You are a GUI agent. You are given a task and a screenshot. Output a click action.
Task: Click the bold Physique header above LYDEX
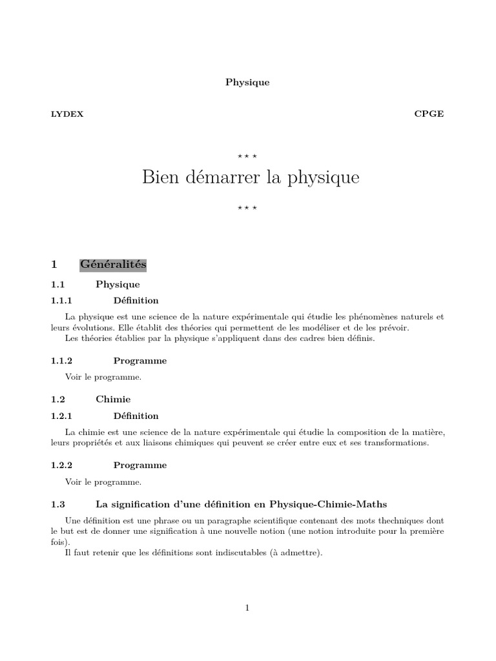(247, 83)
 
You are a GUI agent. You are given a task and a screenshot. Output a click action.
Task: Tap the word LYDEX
(67, 114)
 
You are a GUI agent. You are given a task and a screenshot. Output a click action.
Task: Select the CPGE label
(429, 114)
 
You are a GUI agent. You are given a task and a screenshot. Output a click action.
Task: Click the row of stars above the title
(247, 156)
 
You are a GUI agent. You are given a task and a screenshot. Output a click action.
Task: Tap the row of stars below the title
(247, 207)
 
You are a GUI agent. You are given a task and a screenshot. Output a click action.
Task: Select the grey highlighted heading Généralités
(113, 265)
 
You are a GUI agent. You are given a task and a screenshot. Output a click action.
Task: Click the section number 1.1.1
(63, 300)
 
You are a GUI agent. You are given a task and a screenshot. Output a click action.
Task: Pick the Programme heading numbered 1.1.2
(140, 360)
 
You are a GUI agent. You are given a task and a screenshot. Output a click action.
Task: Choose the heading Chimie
(113, 400)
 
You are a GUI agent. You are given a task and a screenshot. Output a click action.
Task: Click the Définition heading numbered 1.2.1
(136, 416)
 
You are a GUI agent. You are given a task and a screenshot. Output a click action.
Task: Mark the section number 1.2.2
(63, 465)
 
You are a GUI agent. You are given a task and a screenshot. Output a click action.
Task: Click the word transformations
(395, 443)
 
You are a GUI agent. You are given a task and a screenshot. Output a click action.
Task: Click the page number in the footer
(247, 607)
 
